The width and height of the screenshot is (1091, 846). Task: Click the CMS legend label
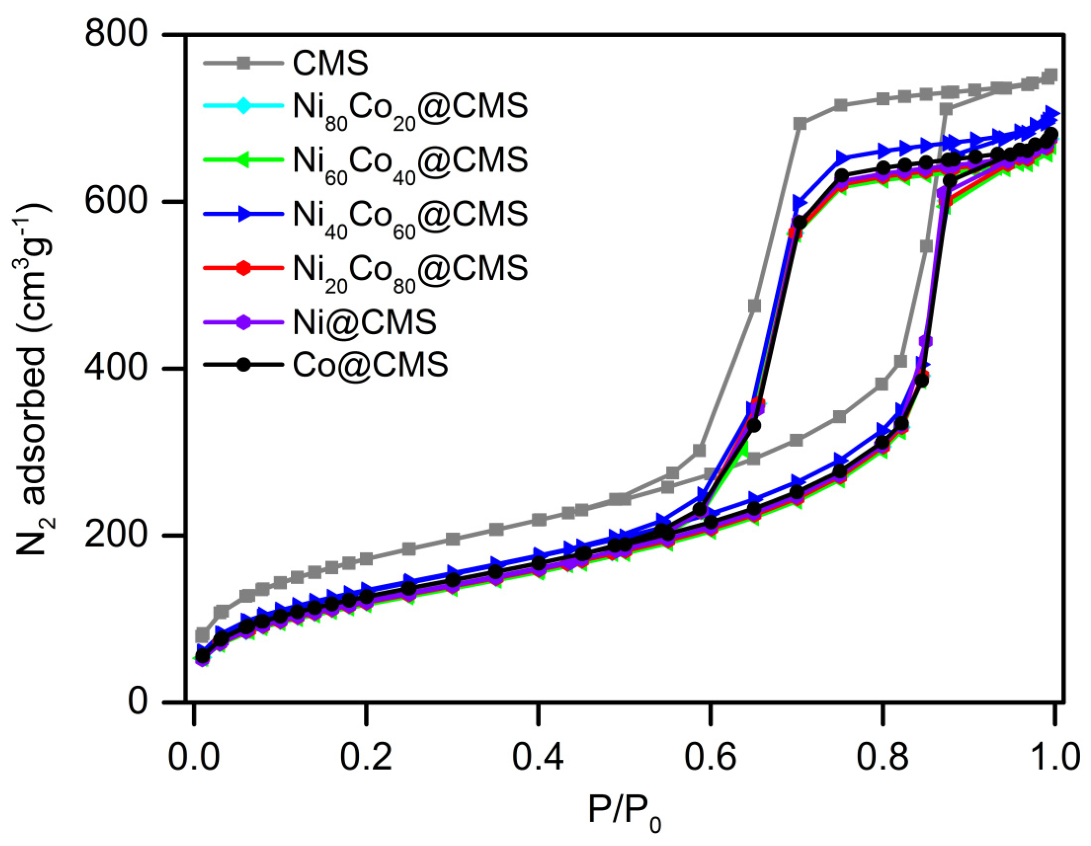click(330, 63)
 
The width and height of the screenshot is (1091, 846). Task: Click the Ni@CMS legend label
click(365, 323)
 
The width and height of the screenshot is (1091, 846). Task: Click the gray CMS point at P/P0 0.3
click(453, 539)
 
